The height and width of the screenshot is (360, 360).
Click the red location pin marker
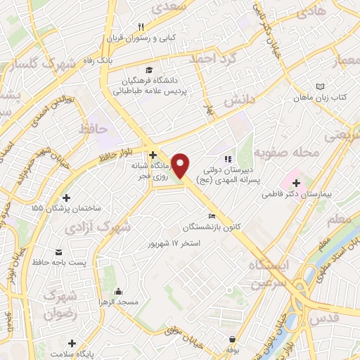(181, 165)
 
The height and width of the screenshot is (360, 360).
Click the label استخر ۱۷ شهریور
(174, 243)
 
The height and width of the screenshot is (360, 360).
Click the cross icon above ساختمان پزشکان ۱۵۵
(67, 198)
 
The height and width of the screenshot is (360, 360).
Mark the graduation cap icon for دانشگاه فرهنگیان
(150, 70)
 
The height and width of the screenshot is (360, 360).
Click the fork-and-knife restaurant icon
(141, 27)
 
